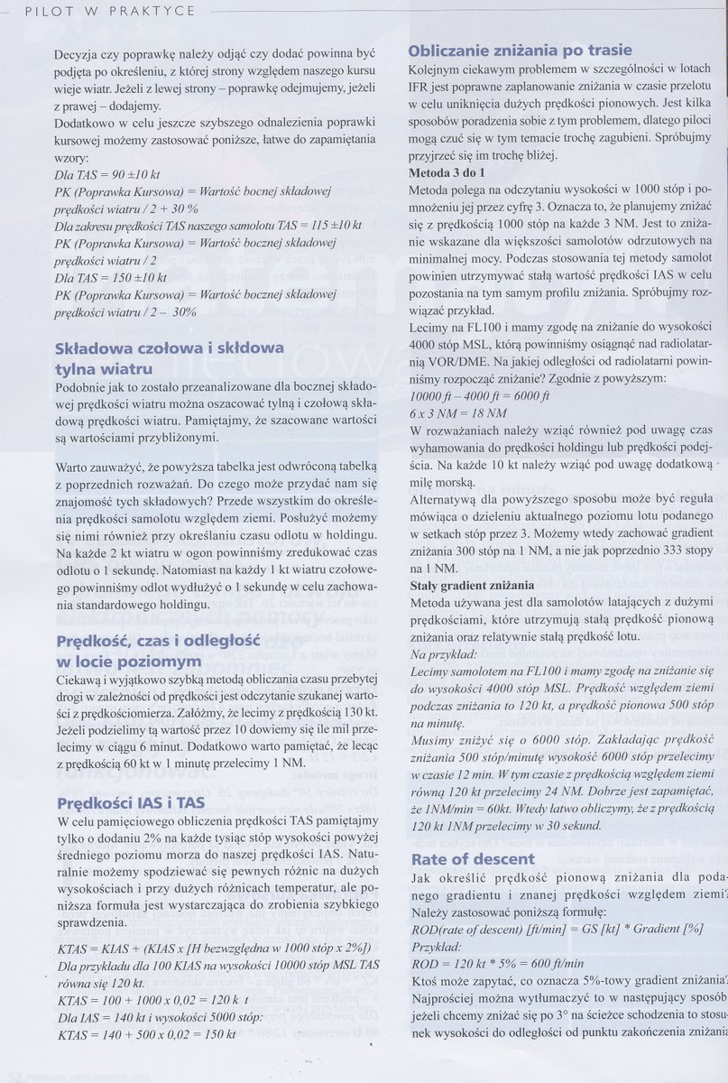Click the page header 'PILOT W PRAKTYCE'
110,11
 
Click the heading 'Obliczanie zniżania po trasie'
520,51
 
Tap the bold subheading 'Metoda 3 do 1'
447,171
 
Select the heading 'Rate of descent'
473,859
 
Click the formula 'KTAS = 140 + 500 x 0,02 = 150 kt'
145,1034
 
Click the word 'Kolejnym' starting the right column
437,70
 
